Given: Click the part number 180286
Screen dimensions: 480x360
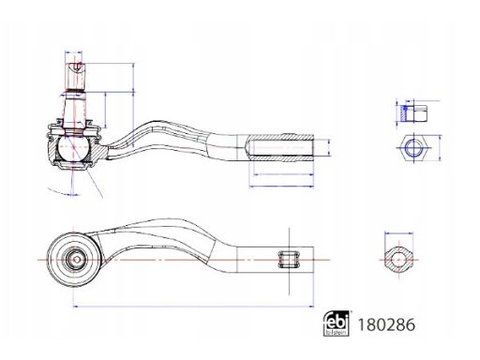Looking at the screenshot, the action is tap(386, 324).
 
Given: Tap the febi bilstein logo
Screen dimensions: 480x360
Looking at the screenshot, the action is tap(336, 323).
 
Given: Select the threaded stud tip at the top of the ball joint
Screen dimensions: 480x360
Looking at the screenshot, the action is tap(75, 77).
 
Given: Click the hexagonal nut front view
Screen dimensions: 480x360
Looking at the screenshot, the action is tap(414, 148).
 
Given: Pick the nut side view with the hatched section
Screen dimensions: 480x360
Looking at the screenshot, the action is tap(414, 113).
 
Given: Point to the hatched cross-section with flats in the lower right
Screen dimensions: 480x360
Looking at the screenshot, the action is tap(398, 260).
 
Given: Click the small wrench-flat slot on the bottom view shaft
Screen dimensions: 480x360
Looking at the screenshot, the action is tap(289, 260).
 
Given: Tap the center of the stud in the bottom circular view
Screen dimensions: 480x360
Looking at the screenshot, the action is tap(76, 259).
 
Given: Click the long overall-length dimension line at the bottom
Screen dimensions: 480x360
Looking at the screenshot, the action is tap(193, 307).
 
